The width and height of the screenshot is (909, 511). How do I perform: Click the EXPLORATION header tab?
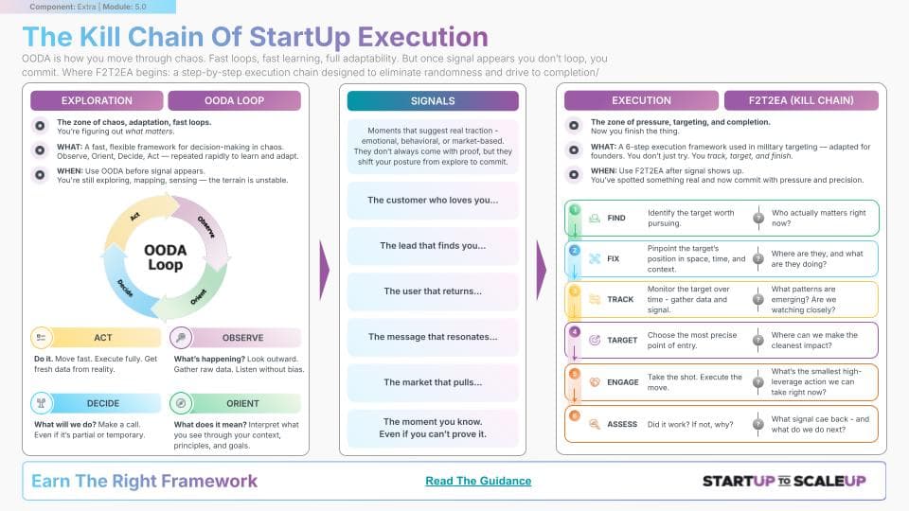pyautogui.click(x=97, y=101)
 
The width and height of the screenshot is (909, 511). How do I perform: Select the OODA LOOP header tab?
pyautogui.click(x=234, y=101)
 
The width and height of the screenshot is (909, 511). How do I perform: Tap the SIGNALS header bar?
pyautogui.click(x=433, y=101)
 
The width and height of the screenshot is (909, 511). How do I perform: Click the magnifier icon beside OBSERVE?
pyautogui.click(x=182, y=338)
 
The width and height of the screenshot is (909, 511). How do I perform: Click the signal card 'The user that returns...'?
pyautogui.click(x=433, y=291)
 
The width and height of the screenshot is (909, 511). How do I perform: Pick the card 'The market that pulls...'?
pyautogui.click(x=433, y=382)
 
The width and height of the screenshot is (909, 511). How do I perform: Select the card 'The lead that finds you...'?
pyautogui.click(x=433, y=246)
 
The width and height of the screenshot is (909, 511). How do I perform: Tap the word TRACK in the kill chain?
pyautogui.click(x=620, y=299)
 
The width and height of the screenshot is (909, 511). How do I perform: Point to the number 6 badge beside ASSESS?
pyautogui.click(x=574, y=414)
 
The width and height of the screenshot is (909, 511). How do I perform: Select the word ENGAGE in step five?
pyautogui.click(x=623, y=382)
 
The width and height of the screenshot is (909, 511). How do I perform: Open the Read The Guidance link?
pyautogui.click(x=478, y=481)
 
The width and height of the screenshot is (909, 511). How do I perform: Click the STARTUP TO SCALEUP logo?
pyautogui.click(x=783, y=481)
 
